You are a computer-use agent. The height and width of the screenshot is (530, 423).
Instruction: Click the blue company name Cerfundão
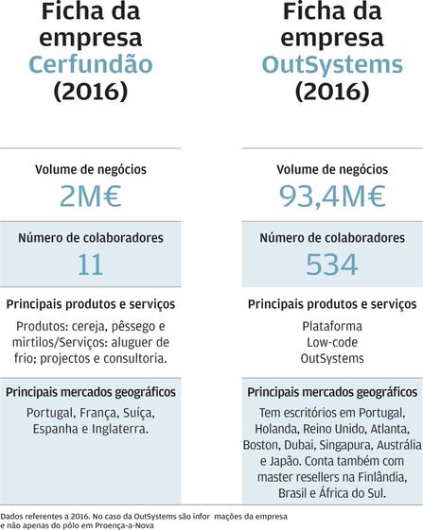91,64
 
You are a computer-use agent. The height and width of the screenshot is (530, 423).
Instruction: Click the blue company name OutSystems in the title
332,64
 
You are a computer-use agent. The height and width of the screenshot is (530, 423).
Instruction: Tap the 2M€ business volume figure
91,197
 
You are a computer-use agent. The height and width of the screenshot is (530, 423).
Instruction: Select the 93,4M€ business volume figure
332,197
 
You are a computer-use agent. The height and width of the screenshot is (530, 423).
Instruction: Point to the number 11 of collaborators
91,265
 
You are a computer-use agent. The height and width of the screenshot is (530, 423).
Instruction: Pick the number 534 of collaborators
332,265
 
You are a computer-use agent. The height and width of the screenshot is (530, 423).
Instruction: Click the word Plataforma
332,327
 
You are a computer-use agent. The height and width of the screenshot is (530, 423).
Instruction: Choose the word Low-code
332,342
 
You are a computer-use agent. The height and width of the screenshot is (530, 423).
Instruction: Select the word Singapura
346,446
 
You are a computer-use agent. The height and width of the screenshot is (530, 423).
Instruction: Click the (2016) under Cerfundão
91,92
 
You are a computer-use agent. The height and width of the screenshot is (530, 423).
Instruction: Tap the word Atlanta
390,429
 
